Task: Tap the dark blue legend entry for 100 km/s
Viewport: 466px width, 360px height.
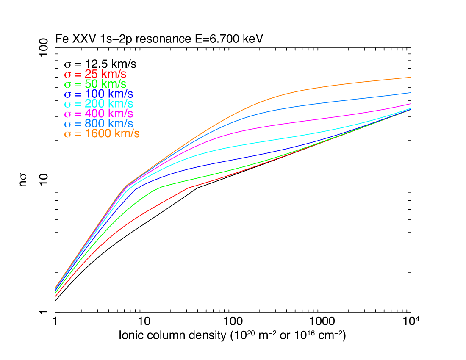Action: click(x=98, y=94)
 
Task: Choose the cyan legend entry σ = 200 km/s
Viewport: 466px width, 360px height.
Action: click(x=98, y=104)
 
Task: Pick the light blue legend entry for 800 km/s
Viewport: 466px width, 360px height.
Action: click(x=98, y=124)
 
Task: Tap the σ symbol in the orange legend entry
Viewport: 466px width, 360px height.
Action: click(x=68, y=134)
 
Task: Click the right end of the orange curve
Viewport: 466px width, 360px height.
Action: click(x=411, y=77)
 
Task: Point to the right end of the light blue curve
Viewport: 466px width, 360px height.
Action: click(x=411, y=92)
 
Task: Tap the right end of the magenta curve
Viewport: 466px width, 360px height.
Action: click(x=411, y=104)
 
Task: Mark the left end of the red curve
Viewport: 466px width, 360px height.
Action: click(x=55, y=296)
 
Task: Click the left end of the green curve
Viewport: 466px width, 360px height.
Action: click(x=55, y=293)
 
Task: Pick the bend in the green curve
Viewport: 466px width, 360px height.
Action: click(x=161, y=187)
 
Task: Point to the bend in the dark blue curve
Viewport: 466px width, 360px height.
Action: click(x=136, y=189)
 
